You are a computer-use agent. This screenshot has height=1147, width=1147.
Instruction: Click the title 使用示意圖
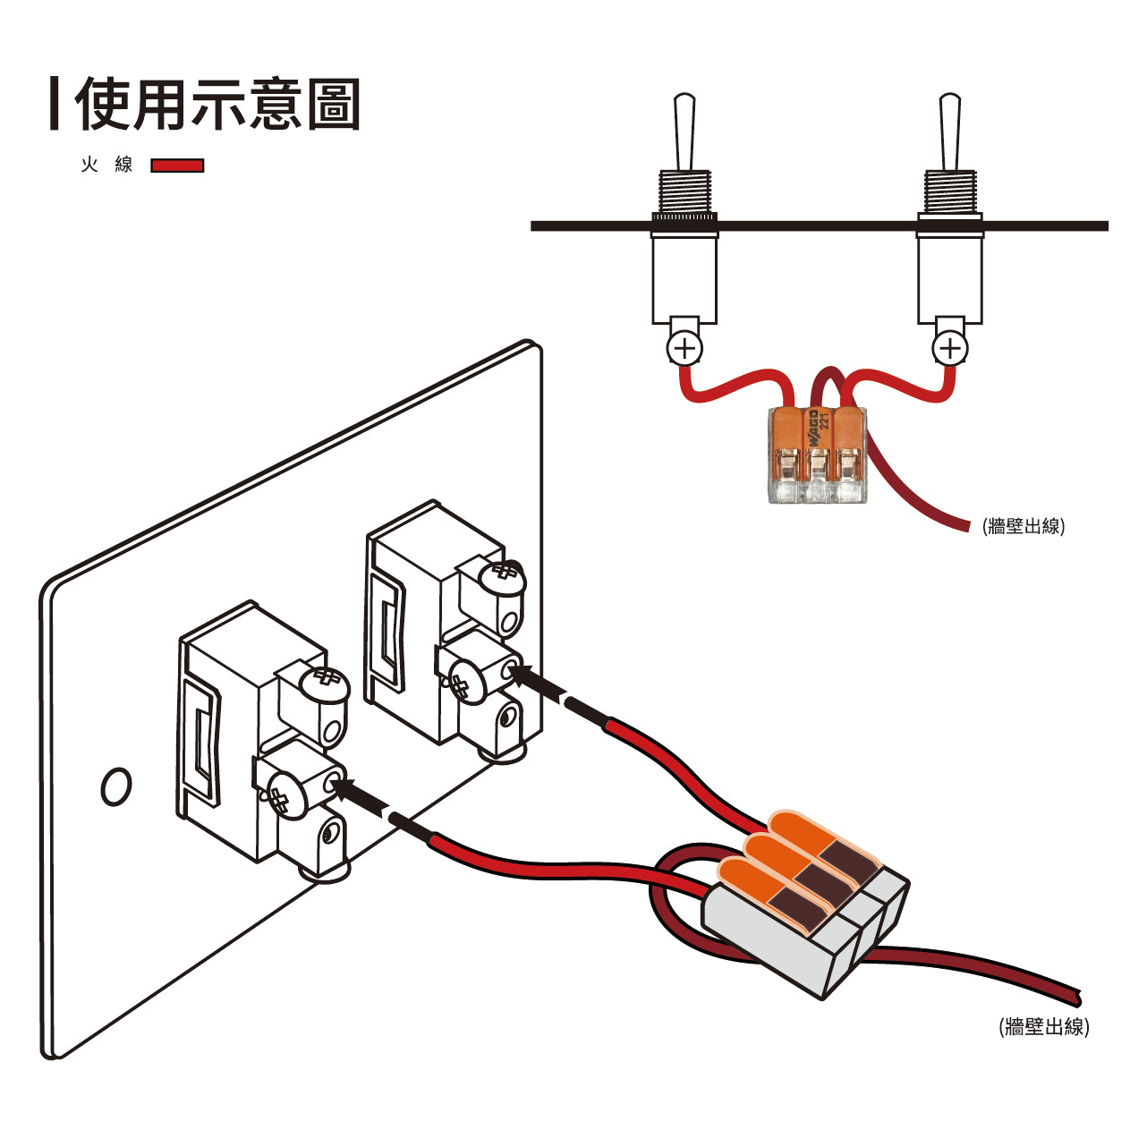pyautogui.click(x=217, y=106)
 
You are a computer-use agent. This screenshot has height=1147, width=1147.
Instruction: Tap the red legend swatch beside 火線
pyautogui.click(x=177, y=166)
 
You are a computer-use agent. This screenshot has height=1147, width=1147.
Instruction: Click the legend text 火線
pyautogui.click(x=106, y=165)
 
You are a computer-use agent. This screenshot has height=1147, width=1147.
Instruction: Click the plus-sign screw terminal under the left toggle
pyautogui.click(x=685, y=348)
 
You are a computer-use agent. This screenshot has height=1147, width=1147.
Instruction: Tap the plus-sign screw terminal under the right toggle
pyautogui.click(x=949, y=348)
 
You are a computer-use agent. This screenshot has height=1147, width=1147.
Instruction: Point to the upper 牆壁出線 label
pyautogui.click(x=1023, y=526)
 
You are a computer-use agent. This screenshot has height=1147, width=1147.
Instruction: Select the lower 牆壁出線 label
pyautogui.click(x=1043, y=1026)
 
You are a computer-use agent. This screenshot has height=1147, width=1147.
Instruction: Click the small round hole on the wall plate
pyautogui.click(x=116, y=786)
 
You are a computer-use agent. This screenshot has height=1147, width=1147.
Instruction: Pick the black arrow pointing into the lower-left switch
pyautogui.click(x=359, y=790)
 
